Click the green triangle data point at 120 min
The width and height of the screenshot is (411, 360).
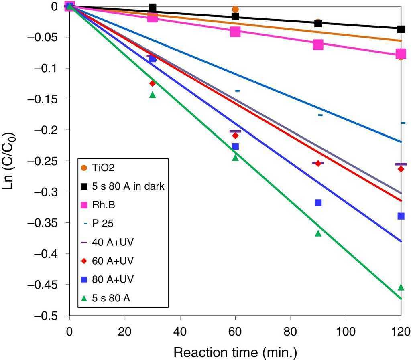401,287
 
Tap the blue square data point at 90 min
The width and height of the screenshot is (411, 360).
318,202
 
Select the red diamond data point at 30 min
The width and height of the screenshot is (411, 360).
153,83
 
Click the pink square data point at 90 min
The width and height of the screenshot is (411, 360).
318,45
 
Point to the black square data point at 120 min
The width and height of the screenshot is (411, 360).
401,29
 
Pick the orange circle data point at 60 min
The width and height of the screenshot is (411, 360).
235,9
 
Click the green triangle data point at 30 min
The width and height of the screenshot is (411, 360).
153,95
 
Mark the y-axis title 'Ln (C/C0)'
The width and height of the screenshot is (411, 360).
12,161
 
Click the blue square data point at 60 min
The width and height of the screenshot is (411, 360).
235,146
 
